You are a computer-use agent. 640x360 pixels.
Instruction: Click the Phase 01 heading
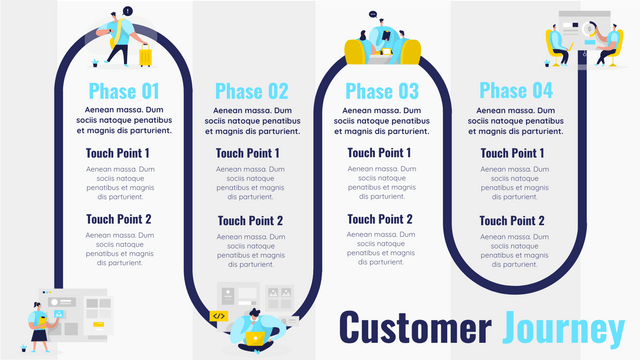click(123, 91)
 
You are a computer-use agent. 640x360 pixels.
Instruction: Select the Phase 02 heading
click(251, 91)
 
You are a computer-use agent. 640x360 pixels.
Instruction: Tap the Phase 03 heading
click(382, 91)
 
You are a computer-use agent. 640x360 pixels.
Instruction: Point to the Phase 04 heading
click(515, 91)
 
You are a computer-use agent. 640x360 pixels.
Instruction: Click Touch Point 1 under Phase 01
click(118, 153)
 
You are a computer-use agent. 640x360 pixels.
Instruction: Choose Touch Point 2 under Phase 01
click(118, 220)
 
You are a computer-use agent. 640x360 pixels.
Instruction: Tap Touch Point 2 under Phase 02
click(250, 221)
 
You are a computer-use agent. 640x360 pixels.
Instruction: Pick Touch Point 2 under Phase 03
click(380, 220)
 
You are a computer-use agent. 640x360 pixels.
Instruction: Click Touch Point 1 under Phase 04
click(513, 153)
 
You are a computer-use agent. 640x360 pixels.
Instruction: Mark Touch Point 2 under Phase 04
click(513, 221)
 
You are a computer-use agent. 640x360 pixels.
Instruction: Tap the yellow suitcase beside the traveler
click(144, 57)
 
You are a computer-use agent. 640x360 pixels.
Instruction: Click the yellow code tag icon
click(219, 316)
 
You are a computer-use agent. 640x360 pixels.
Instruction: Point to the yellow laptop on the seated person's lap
click(254, 337)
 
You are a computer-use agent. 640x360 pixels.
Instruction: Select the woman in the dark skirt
click(39, 325)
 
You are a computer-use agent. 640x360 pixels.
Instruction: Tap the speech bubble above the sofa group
click(372, 15)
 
